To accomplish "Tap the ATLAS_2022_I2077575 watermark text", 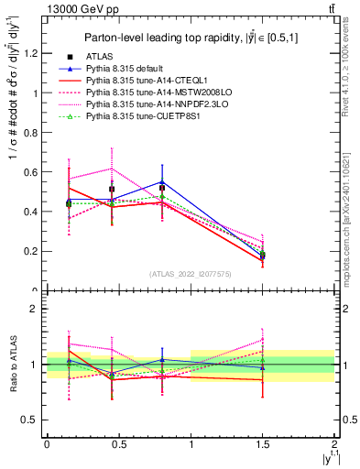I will pyautogui.click(x=191, y=274).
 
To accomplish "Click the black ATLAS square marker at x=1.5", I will pyautogui.click(x=263, y=256).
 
